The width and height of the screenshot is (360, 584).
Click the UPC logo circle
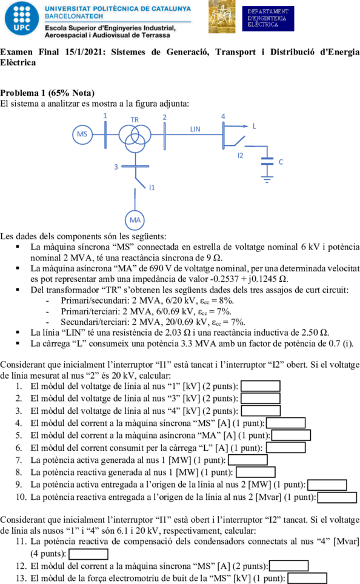(x=22, y=19)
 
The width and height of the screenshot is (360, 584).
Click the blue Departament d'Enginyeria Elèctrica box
(x=268, y=18)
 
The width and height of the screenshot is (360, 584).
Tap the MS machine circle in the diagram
(x=82, y=134)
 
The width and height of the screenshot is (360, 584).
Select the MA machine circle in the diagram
(x=135, y=220)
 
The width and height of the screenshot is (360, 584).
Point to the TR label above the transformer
(x=135, y=119)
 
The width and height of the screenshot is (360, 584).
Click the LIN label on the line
(x=195, y=129)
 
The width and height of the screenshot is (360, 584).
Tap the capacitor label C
(x=281, y=162)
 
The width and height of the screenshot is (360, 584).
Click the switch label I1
(x=152, y=187)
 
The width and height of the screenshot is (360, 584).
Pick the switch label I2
(x=241, y=155)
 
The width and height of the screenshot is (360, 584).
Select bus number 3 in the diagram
(x=116, y=167)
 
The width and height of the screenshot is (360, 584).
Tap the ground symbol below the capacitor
(x=267, y=181)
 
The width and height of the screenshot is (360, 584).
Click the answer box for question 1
(x=261, y=387)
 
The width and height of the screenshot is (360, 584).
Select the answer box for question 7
(x=248, y=460)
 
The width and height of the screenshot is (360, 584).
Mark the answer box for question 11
(x=88, y=554)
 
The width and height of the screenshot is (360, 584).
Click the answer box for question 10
(x=337, y=497)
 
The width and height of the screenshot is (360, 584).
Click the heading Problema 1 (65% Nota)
(x=47, y=93)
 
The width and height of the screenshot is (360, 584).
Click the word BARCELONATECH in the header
(x=74, y=16)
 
